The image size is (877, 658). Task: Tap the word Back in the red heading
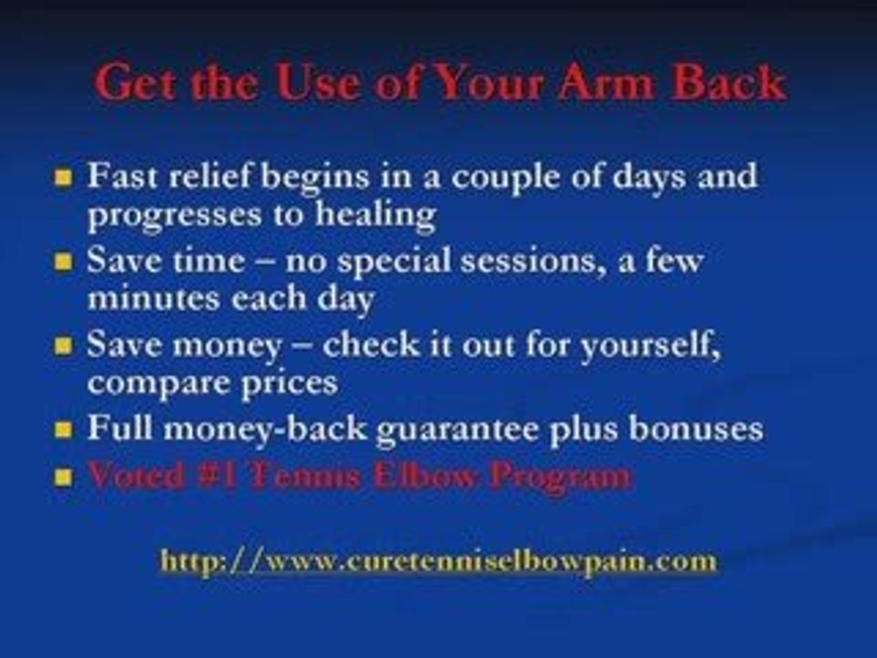pos(731,84)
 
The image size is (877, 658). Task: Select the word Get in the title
pos(137,84)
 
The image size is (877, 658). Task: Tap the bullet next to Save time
pos(63,262)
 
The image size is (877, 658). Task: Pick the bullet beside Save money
pos(63,347)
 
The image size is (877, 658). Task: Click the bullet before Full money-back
pos(63,430)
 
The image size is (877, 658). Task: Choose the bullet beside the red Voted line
pos(63,478)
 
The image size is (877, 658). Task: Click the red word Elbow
pos(433,476)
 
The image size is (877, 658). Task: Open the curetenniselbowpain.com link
pos(438,559)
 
